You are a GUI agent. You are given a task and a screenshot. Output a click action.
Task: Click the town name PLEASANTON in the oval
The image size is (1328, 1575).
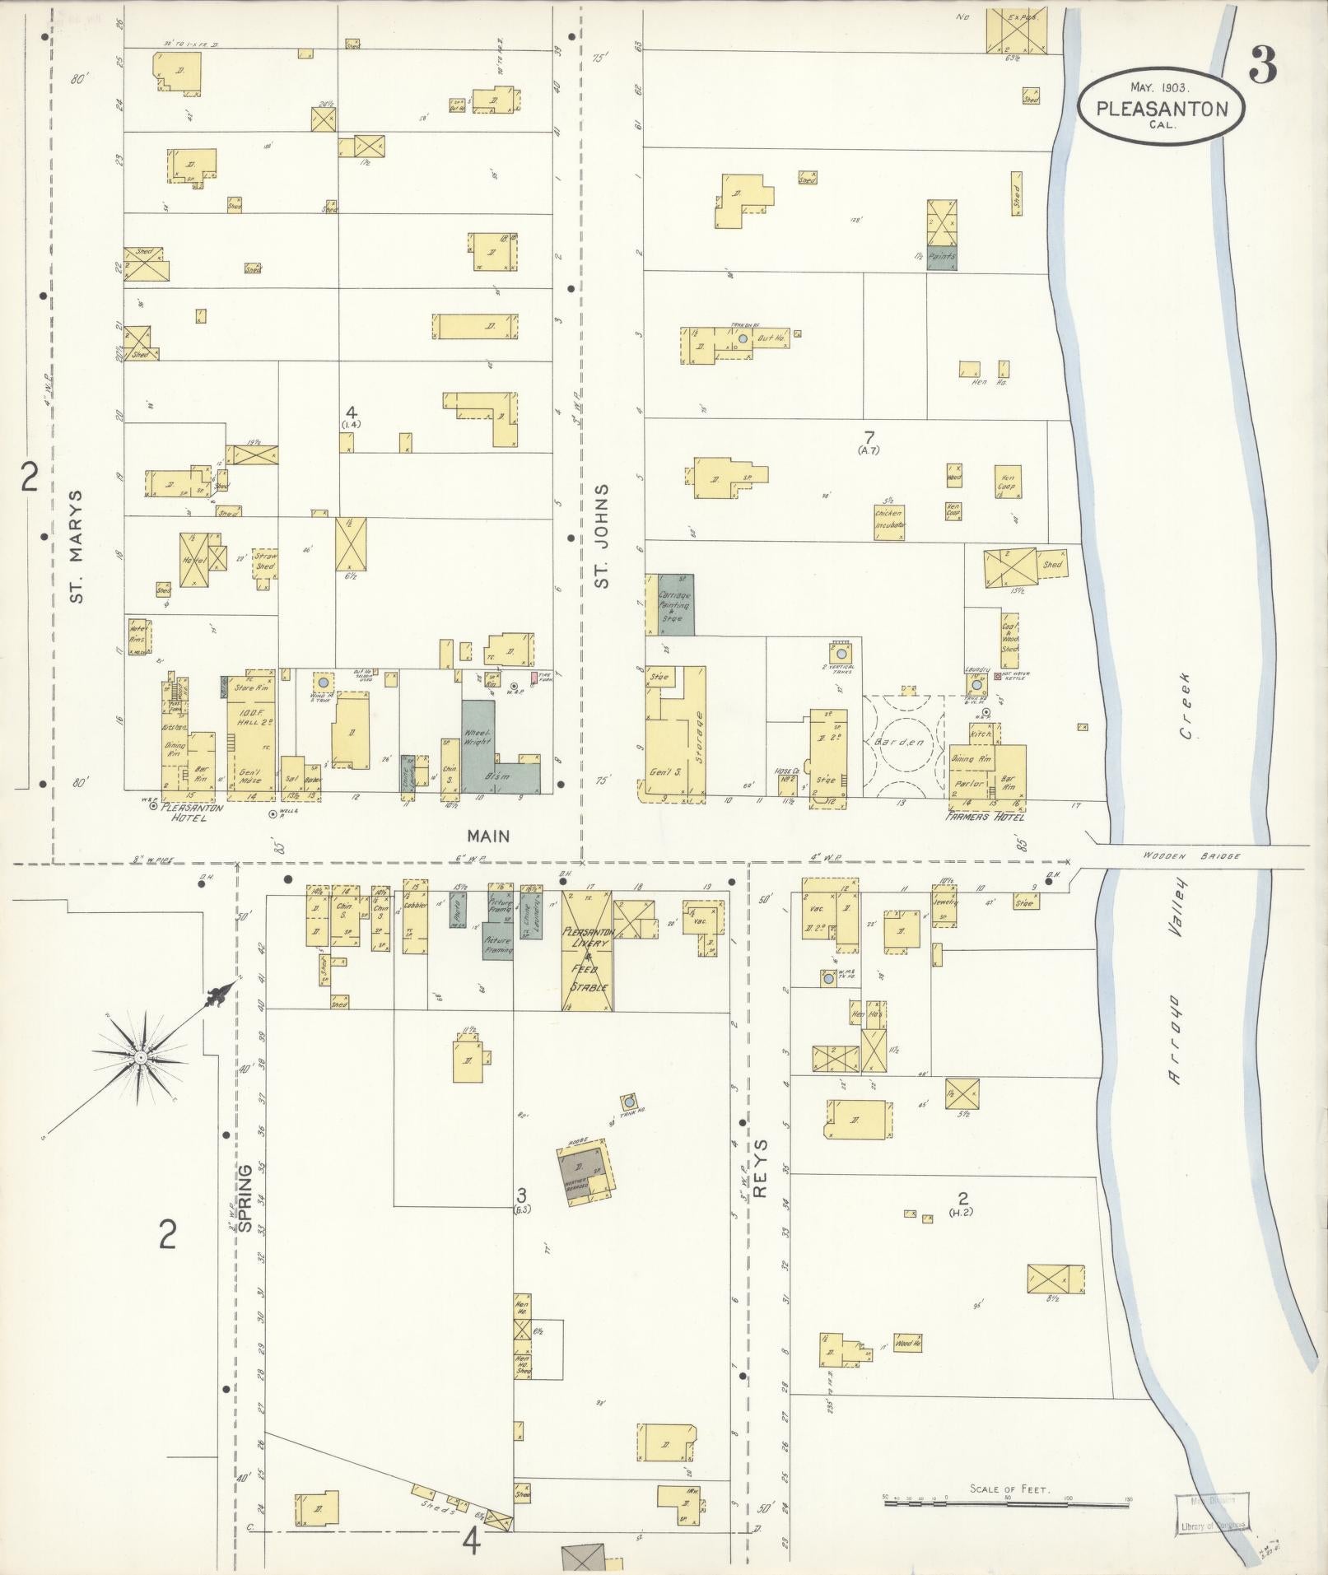pyautogui.click(x=1162, y=109)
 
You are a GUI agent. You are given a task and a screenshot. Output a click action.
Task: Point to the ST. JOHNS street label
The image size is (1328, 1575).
pyautogui.click(x=603, y=536)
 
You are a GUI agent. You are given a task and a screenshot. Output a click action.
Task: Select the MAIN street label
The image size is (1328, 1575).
pyautogui.click(x=488, y=836)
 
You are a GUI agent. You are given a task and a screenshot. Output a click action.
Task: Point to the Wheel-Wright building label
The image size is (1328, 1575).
pyautogui.click(x=478, y=737)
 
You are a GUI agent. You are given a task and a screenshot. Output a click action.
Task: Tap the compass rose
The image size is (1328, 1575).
pyautogui.click(x=140, y=1056)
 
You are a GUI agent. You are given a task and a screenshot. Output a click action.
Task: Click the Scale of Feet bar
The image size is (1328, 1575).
pyautogui.click(x=1005, y=1503)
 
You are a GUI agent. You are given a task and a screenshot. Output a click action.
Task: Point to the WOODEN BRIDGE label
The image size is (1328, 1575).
pyautogui.click(x=1191, y=856)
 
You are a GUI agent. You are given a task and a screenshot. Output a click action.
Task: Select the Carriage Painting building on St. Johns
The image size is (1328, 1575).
pyautogui.click(x=675, y=605)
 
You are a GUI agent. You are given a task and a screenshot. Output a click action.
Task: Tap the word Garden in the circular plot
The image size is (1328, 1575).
pyautogui.click(x=904, y=741)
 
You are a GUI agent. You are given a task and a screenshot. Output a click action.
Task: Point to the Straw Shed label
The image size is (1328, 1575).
pyautogui.click(x=265, y=562)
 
